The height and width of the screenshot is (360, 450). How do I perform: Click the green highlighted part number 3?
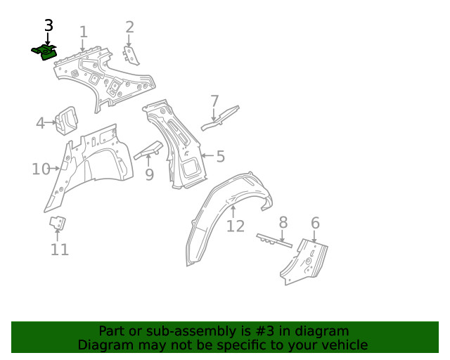44,53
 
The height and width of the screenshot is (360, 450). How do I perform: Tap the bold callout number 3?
48,25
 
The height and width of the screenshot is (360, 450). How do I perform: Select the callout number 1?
84,32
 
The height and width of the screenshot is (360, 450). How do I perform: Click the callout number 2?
129,27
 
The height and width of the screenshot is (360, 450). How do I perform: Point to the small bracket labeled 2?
131,56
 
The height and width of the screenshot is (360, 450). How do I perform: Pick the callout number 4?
41,124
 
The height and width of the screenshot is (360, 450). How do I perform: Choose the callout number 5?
220,156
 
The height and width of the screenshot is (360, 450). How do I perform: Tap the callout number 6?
315,224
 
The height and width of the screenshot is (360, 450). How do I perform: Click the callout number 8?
283,224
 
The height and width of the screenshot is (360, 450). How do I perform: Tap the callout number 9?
149,174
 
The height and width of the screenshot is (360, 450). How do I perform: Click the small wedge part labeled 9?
148,150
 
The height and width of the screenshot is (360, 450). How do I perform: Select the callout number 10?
41,169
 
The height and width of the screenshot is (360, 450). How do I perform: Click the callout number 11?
60,250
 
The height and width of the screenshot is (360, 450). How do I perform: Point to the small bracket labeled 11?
57,224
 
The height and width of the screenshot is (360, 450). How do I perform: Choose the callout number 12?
236,226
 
